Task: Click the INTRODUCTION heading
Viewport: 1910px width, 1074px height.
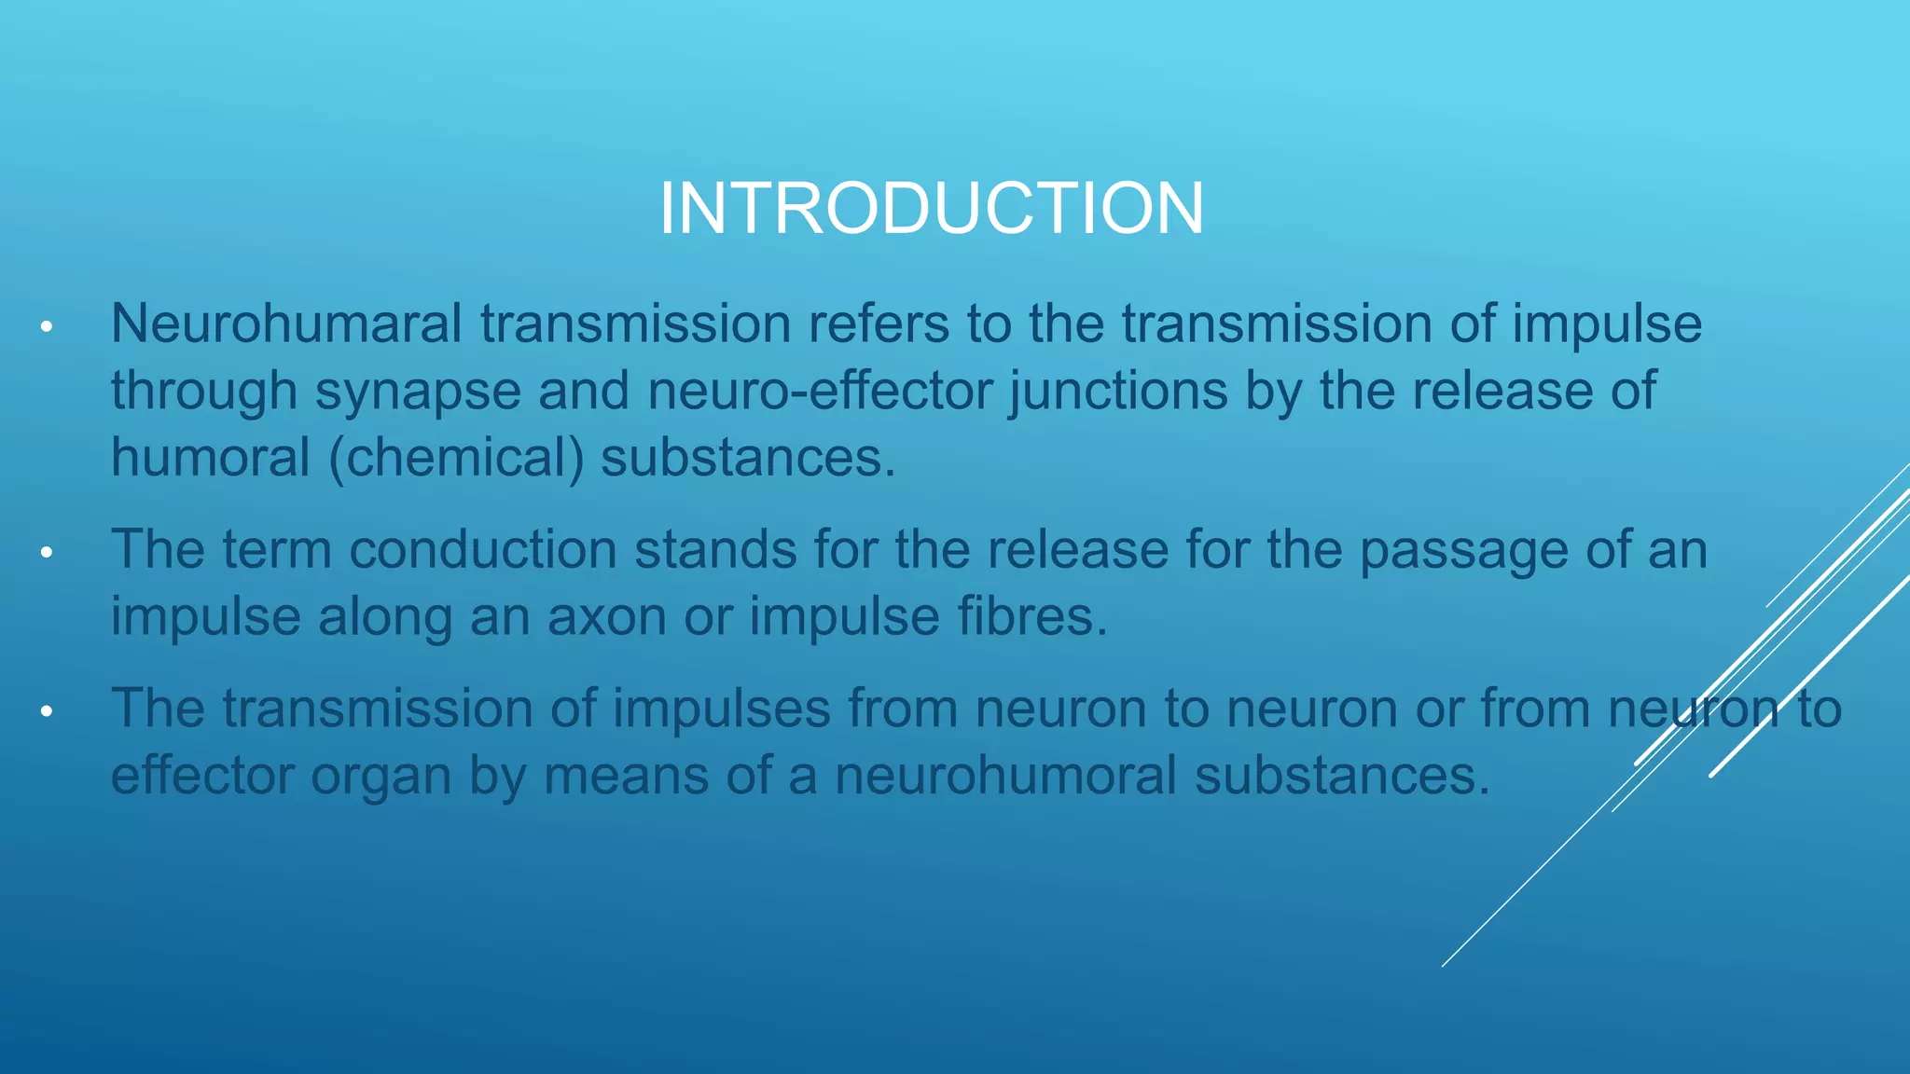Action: click(932, 208)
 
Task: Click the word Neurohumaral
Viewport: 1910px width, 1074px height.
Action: click(286, 324)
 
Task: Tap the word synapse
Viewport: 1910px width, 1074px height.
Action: click(418, 391)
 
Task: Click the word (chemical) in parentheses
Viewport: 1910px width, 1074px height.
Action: click(456, 458)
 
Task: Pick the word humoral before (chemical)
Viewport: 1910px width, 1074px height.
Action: click(210, 458)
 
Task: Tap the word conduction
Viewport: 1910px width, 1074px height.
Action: click(483, 549)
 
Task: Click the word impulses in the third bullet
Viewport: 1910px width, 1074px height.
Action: click(721, 709)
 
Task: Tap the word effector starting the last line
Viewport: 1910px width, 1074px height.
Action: click(201, 776)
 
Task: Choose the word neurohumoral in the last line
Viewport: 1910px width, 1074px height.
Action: click(1005, 776)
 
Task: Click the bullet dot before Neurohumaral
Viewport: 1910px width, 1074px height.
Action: click(46, 327)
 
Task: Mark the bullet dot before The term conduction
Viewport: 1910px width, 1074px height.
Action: click(46, 553)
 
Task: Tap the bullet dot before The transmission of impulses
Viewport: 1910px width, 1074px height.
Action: click(46, 712)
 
